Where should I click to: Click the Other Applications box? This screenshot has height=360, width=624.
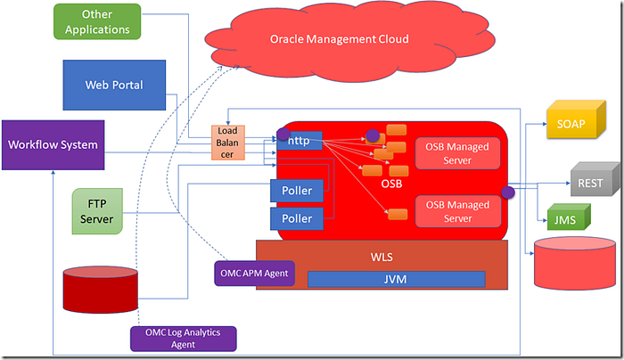coord(96,22)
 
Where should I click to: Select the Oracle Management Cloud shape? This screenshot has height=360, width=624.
coord(339,39)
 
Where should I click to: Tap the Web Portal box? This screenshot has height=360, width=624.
coord(115,85)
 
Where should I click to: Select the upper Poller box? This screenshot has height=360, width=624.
coord(296,191)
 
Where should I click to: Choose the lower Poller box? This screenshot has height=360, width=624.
coord(296,218)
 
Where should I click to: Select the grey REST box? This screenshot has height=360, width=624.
coord(589,184)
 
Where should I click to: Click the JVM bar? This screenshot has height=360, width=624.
coord(396,279)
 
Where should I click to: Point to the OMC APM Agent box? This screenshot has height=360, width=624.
coord(253,273)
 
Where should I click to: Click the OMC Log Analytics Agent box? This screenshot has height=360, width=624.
coord(183,338)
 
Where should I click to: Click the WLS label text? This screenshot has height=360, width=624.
coord(382,258)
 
